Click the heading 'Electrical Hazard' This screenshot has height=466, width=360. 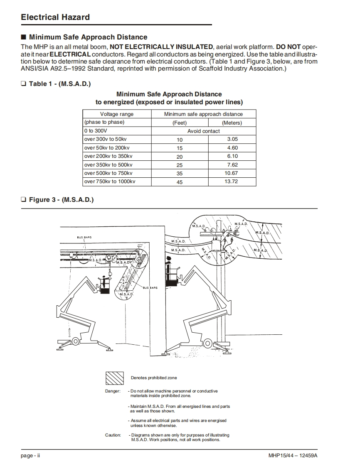pos(55,17)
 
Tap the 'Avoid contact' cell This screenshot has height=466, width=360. pos(203,131)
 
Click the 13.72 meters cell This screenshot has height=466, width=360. pos(231,181)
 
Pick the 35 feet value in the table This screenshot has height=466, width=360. pos(180,174)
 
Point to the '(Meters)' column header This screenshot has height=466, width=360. pos(232,123)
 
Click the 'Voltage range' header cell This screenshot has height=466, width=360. pos(117,114)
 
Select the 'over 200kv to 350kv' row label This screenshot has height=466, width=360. pos(108,156)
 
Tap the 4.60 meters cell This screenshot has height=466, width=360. pos(232,148)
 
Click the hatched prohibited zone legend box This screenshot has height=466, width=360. pos(114,378)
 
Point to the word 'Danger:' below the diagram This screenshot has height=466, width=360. pos(113,391)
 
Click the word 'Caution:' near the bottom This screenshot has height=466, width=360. pos(113,435)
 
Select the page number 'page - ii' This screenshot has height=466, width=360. pos(30,456)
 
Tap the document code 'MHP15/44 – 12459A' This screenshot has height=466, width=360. pos(293,456)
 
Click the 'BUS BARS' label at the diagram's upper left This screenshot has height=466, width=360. pos(84,237)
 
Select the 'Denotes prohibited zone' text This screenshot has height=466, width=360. pos(154,378)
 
